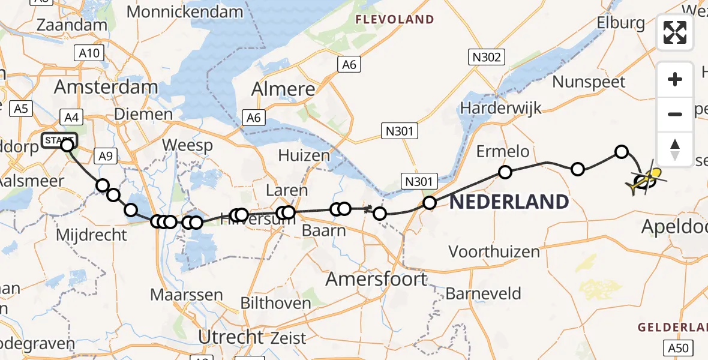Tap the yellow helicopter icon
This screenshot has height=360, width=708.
click(x=645, y=179)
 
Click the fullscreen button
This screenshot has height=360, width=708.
click(x=675, y=32)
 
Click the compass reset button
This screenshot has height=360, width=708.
click(x=675, y=149)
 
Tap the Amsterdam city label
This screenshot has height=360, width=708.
click(x=106, y=87)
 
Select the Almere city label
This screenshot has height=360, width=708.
click(x=283, y=89)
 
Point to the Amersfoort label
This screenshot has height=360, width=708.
click(x=376, y=279)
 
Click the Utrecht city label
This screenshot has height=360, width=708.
click(x=230, y=337)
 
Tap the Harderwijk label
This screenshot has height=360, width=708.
click(x=501, y=108)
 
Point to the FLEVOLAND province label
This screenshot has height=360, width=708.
click(x=395, y=20)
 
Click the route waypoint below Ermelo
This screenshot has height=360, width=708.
click(x=505, y=173)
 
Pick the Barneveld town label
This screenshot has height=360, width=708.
click(x=483, y=294)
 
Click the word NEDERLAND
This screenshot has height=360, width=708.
click(x=509, y=202)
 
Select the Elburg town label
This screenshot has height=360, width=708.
click(x=620, y=23)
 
